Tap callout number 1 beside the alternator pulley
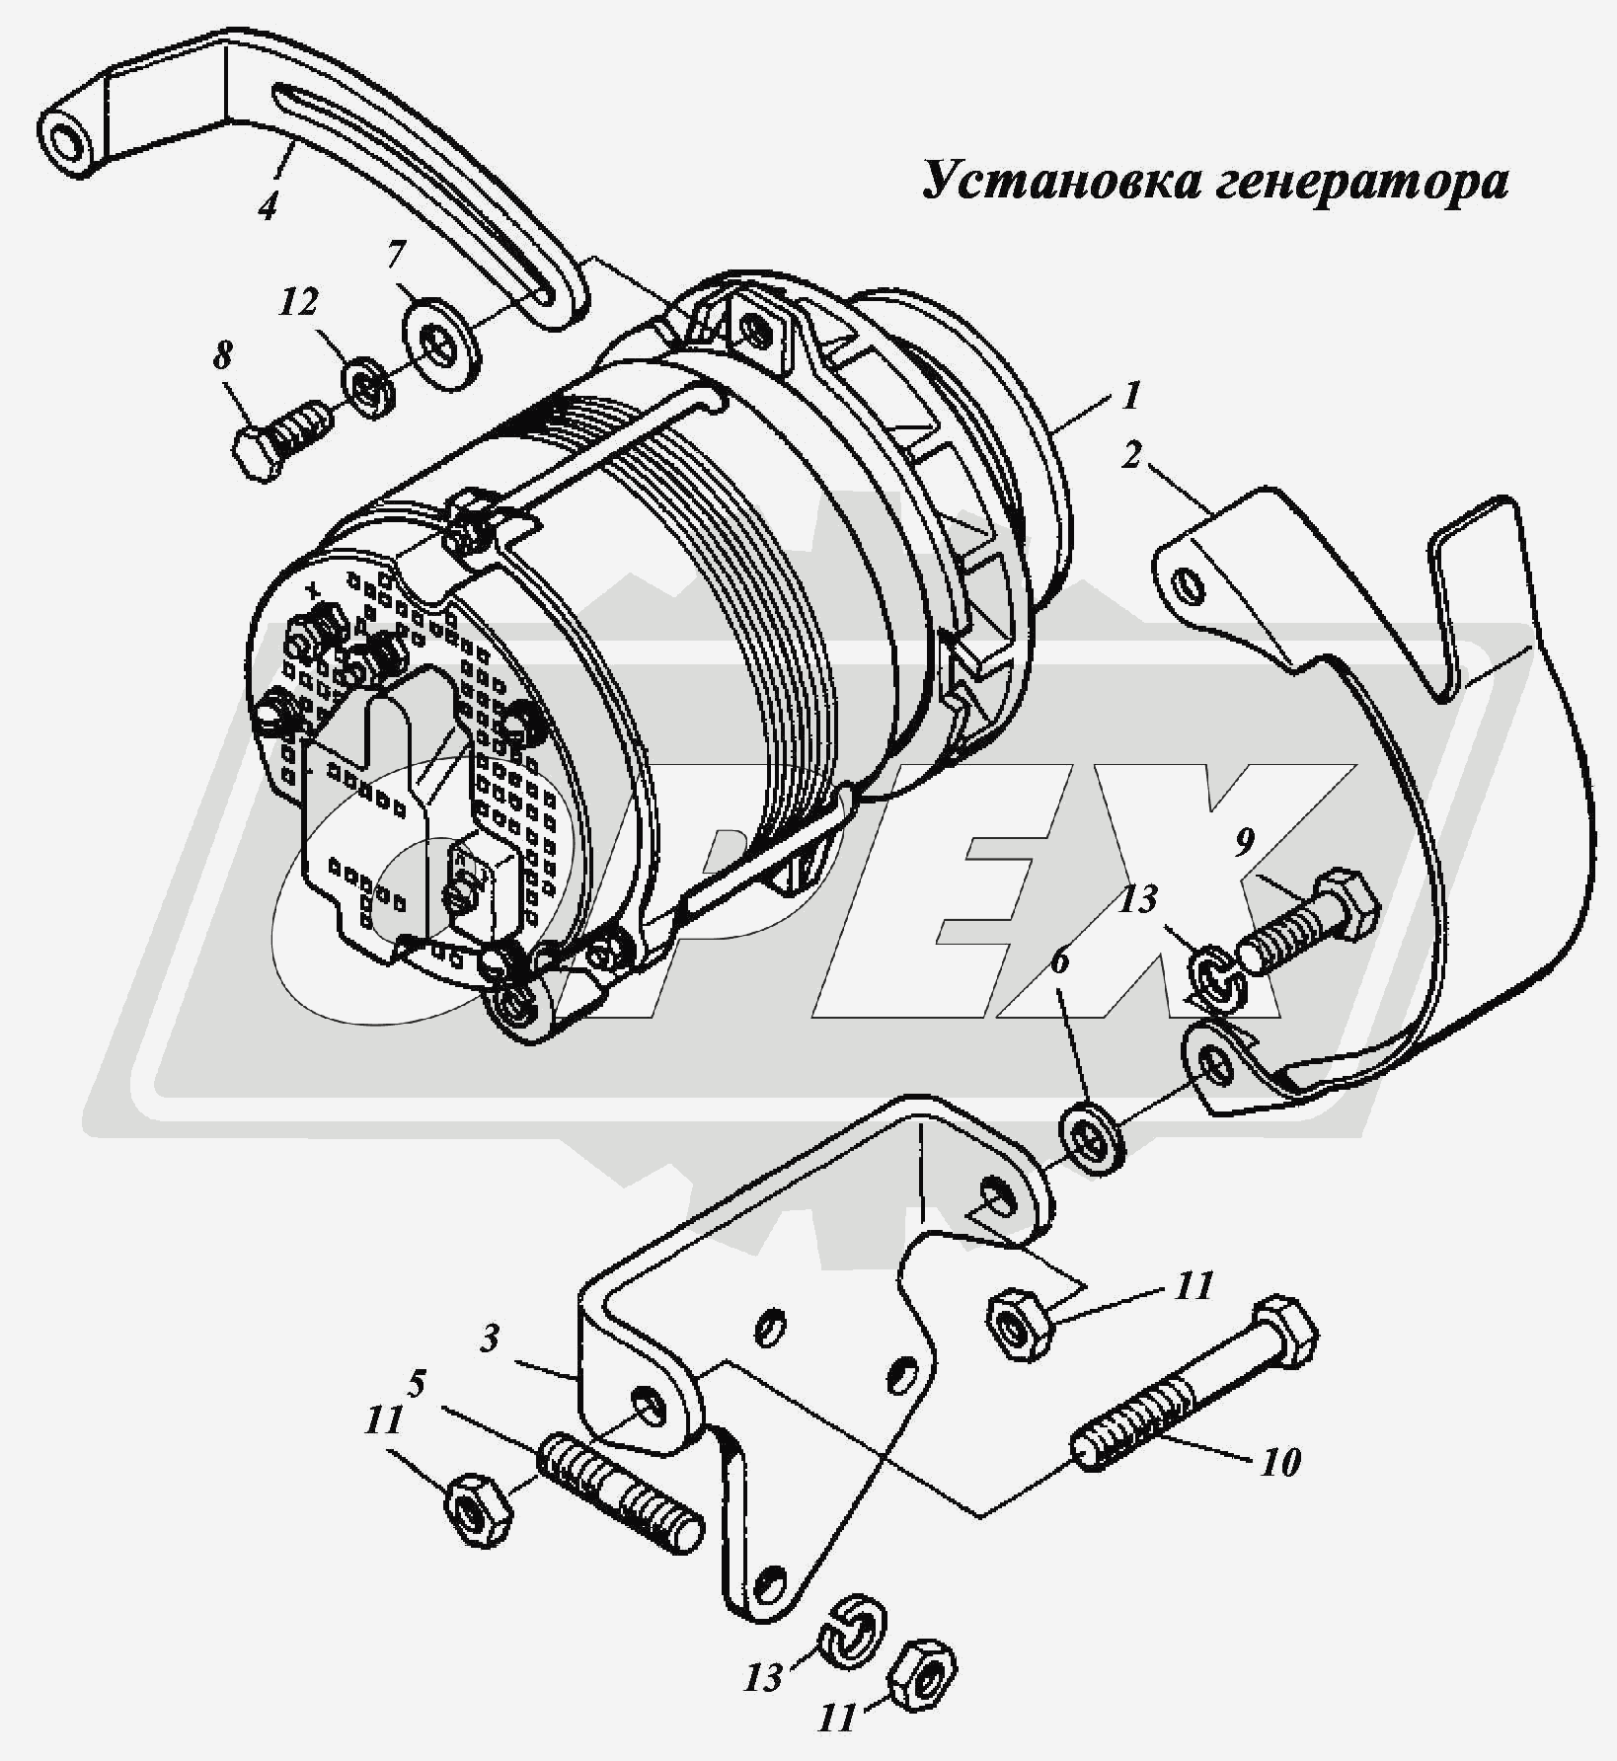[x=1130, y=395]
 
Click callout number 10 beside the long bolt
[x=1279, y=1461]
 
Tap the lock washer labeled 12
[x=370, y=388]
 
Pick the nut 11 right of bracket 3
[x=1021, y=1324]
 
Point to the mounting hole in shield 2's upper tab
[x=1192, y=587]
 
